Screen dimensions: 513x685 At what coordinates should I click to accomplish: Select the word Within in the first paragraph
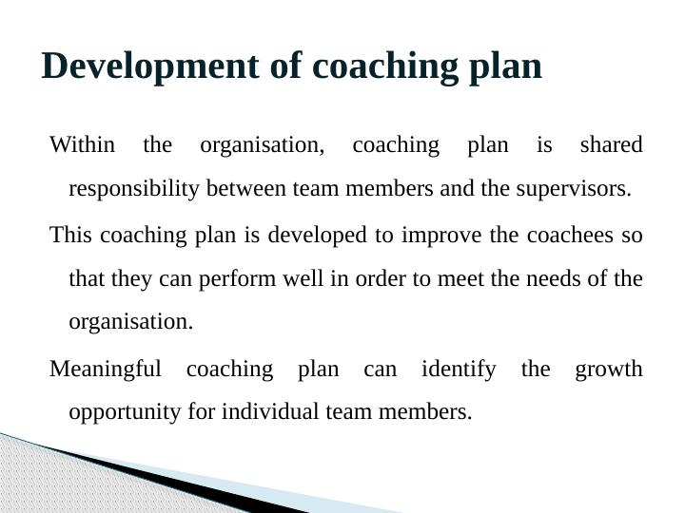point(82,145)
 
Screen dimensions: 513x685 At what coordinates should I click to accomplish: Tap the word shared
point(611,145)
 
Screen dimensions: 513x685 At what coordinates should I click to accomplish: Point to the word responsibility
point(134,189)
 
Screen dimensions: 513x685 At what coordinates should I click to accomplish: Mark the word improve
point(440,234)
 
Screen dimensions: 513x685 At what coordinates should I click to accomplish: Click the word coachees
point(552,234)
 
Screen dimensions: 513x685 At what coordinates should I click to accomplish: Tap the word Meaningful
point(105,369)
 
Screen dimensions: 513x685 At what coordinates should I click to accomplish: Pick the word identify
point(458,369)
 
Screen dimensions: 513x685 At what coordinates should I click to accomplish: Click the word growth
point(609,369)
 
